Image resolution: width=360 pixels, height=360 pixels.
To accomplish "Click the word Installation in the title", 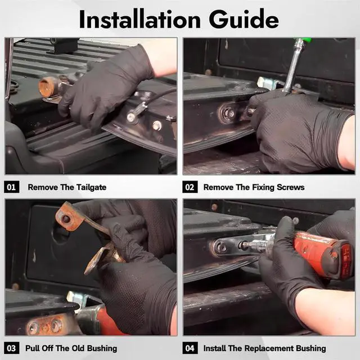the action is pyautogui.click(x=140, y=20).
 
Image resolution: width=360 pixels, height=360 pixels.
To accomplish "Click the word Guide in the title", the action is pyautogui.click(x=244, y=19).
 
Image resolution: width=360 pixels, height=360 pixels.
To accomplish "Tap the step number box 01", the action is pyautogui.click(x=11, y=187).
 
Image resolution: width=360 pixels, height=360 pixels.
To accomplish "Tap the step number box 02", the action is pyautogui.click(x=190, y=187).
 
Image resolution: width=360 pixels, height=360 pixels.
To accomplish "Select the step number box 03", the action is pyautogui.click(x=11, y=348).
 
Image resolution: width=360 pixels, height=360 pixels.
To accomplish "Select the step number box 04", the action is pyautogui.click(x=190, y=348).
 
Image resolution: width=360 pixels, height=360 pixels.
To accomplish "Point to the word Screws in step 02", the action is pyautogui.click(x=290, y=187).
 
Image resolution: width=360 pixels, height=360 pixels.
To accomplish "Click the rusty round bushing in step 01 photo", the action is pyautogui.click(x=47, y=87).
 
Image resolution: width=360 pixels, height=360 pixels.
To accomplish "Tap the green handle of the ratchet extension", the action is pyautogui.click(x=306, y=40).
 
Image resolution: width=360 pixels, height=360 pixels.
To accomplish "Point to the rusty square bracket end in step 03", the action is pyautogui.click(x=68, y=217).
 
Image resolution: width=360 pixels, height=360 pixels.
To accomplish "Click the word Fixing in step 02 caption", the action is pyautogui.click(x=263, y=187).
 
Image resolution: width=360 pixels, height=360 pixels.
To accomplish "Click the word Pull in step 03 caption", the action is pyautogui.click(x=32, y=348).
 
